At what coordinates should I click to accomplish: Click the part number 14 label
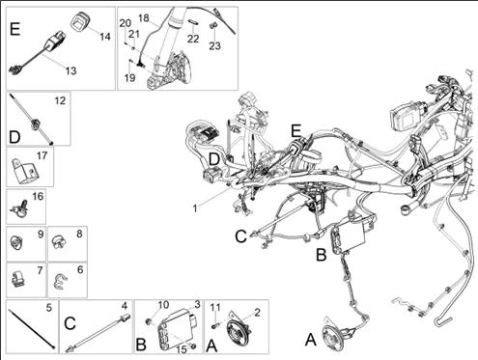point(105,37)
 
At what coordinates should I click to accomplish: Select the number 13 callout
point(70,70)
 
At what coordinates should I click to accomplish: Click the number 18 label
point(144,18)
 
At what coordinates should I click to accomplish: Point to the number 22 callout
point(193,39)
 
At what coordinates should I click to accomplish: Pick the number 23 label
point(214,45)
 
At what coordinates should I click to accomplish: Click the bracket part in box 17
point(25,172)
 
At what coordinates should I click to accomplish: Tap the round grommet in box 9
point(15,242)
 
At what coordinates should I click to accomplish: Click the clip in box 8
point(59,242)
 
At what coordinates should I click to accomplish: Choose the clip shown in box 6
point(59,280)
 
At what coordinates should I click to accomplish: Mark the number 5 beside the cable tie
point(48,308)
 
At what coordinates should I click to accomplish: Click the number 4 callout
point(125,305)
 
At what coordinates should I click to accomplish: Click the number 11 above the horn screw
point(215,308)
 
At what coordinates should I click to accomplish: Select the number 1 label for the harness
point(195,208)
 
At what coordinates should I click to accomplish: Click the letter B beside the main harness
point(322,255)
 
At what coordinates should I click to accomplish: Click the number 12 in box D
point(60,100)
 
